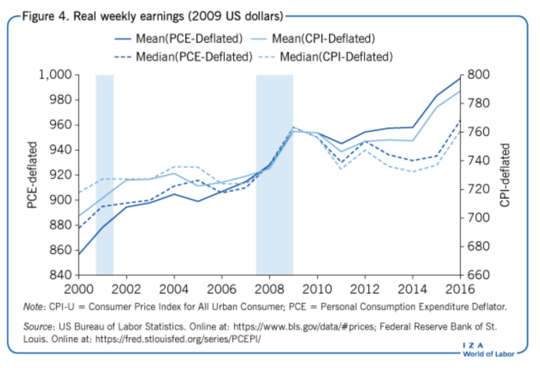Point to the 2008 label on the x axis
click(269, 290)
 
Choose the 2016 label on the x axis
click(459, 290)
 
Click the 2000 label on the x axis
click(78, 290)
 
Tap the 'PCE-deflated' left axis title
click(32, 175)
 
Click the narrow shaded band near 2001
click(105, 173)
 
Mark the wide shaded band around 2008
click(274, 173)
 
